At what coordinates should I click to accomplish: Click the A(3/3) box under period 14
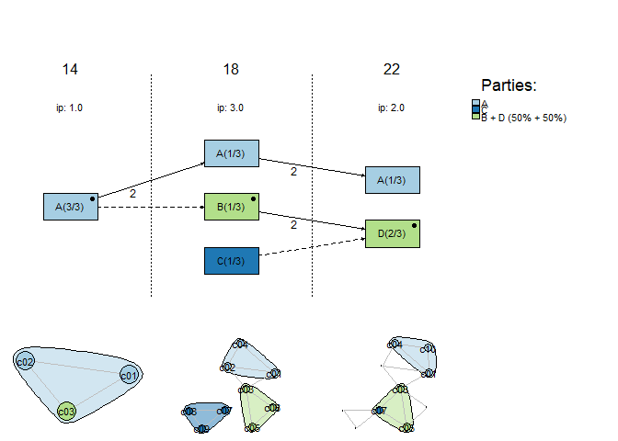click(70, 207)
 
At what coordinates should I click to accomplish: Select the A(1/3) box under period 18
click(231, 153)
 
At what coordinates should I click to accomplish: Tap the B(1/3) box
click(231, 207)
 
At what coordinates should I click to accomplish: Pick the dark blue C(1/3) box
click(231, 261)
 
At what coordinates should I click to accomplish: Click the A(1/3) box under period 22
click(392, 180)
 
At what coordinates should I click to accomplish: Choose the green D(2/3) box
click(392, 233)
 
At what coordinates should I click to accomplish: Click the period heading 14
click(70, 70)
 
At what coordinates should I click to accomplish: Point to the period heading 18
click(231, 70)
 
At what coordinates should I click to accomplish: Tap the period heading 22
click(392, 70)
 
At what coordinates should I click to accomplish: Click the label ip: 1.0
click(70, 107)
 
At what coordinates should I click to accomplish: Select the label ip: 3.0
click(231, 107)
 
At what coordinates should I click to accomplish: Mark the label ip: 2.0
click(392, 107)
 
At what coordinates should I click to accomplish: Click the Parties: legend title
click(509, 85)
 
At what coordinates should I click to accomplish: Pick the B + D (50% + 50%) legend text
click(524, 118)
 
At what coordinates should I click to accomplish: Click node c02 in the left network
click(26, 362)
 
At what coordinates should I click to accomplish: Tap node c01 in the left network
click(129, 375)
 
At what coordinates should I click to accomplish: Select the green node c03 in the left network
click(66, 411)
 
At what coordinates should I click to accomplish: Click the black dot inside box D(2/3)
click(415, 225)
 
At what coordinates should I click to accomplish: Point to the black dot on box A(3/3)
click(93, 198)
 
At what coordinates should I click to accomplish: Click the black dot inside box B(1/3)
click(253, 198)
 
